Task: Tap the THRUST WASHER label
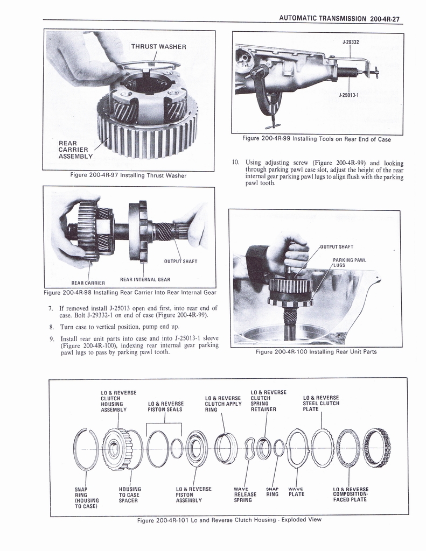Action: coord(159,46)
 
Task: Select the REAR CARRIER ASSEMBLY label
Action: coord(75,150)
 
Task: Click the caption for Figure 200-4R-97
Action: coord(128,175)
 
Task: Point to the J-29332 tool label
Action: coord(351,41)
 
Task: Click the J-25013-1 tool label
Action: coord(348,95)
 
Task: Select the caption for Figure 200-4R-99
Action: coord(317,139)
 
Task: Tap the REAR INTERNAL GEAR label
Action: coord(145,279)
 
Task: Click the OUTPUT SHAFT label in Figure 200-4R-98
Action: coord(180,262)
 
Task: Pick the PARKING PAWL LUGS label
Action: coord(349,263)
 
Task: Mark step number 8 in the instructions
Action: coord(51,327)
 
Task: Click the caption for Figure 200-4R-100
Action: coord(316,352)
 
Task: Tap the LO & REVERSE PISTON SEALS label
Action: coord(165,406)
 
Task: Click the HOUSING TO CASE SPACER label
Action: coord(129,495)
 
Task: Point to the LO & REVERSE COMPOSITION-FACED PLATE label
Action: coord(350,495)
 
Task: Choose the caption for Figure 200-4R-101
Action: coord(229,520)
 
